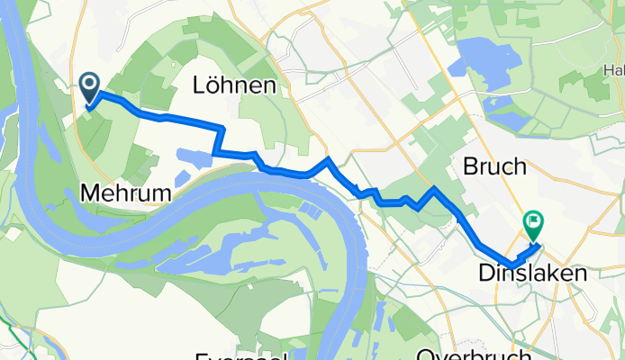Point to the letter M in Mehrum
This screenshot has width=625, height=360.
pos(90,192)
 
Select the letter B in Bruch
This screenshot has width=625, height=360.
pos(470,166)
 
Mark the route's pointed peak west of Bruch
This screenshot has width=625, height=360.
pos(435,188)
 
